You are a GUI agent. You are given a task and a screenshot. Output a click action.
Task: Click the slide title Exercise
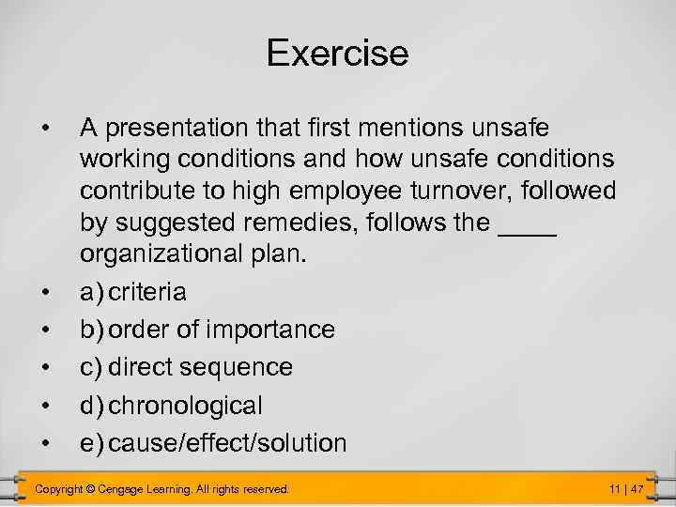click(x=337, y=53)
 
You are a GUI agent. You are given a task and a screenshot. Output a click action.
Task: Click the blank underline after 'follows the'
click(x=530, y=225)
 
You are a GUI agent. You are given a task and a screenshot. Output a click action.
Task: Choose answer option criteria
click(x=147, y=293)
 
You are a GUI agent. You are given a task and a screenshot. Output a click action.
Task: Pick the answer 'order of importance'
click(x=222, y=330)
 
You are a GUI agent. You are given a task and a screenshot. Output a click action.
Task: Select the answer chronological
click(x=186, y=406)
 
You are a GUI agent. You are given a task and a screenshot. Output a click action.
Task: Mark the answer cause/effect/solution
click(x=227, y=443)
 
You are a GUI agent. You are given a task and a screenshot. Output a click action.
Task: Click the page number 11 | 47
click(x=625, y=489)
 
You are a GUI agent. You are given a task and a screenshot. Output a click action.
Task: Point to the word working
click(x=118, y=159)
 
